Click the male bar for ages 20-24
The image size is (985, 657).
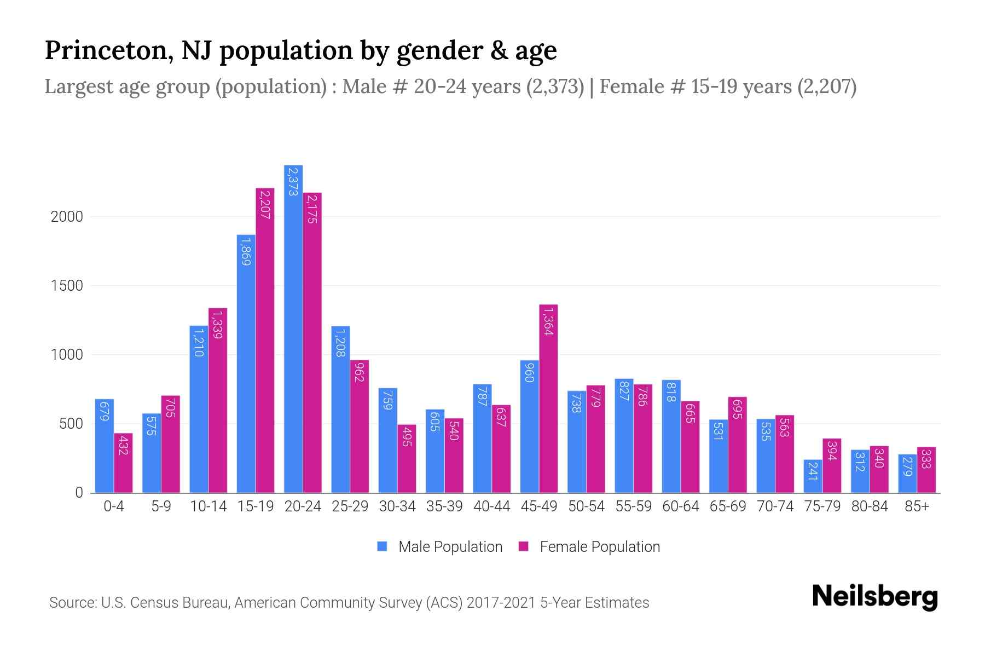(293, 329)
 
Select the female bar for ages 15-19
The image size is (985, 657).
(265, 341)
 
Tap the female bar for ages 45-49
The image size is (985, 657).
(548, 399)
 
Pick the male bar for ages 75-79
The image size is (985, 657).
(813, 476)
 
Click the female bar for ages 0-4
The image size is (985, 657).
(123, 463)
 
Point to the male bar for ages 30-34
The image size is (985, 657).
(388, 441)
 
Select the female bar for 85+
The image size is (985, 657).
(926, 470)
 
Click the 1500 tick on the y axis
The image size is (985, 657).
(67, 286)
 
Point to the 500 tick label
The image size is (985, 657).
(71, 424)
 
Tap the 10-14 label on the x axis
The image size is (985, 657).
(208, 506)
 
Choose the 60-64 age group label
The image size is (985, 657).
(681, 506)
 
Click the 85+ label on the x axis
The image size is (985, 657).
(917, 506)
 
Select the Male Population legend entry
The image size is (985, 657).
(439, 547)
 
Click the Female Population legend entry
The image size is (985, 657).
(589, 547)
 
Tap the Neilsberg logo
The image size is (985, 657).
(875, 597)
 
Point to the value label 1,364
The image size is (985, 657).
(548, 321)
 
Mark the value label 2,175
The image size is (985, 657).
(312, 209)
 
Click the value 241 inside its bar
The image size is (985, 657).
(813, 471)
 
